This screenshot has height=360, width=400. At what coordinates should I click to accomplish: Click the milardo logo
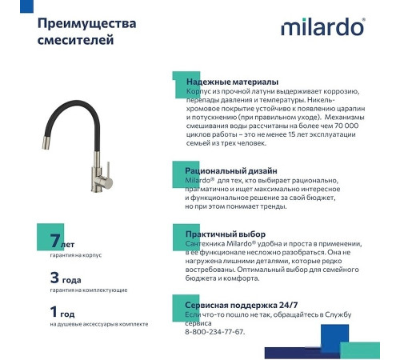click(323, 28)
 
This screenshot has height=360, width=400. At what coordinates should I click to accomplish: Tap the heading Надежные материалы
click(232, 82)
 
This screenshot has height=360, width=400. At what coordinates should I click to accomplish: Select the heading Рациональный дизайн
click(231, 170)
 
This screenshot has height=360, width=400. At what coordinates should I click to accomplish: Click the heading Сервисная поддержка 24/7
click(242, 306)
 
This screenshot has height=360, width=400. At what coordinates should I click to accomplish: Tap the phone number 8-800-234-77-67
click(215, 332)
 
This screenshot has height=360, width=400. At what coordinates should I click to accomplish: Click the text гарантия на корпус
click(76, 255)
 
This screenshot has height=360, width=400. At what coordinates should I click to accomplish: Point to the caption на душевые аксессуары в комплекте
click(98, 325)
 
